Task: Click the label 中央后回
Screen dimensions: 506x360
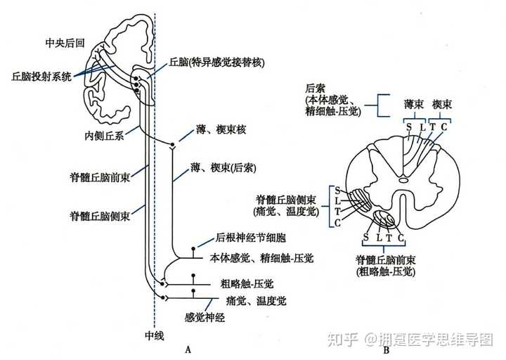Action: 65,43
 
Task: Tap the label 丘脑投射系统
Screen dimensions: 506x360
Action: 41,77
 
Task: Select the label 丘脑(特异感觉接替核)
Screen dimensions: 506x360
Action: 216,63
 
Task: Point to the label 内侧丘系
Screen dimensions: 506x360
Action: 104,136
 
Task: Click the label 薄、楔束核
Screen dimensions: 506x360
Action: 221,130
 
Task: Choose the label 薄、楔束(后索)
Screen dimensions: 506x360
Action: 223,168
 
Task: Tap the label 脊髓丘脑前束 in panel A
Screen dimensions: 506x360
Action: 100,177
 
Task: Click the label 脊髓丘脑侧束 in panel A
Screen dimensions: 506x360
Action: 100,216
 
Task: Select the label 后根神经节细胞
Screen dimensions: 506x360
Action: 250,238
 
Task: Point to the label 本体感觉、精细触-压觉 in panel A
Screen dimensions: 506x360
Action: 261,258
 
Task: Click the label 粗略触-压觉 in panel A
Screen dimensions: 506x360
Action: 247,284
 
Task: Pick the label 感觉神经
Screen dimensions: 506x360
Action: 205,318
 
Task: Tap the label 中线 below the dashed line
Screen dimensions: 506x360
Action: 154,336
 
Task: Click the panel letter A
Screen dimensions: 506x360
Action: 188,349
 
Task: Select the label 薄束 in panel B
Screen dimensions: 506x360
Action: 413,104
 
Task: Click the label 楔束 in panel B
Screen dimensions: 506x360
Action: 442,104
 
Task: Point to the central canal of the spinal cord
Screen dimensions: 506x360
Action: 403,180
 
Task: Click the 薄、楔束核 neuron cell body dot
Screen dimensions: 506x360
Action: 172,144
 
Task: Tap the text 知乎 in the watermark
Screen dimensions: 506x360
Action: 343,340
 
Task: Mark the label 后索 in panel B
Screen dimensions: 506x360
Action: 315,89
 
